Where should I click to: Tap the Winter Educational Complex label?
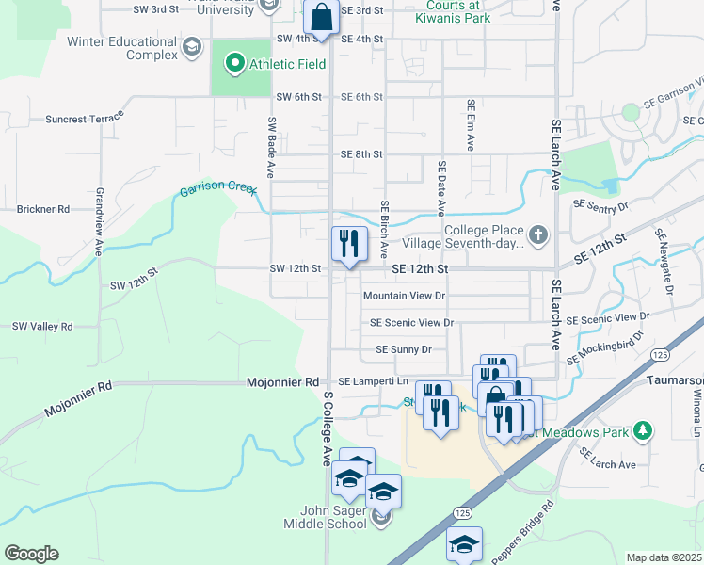pyautogui.click(x=122, y=48)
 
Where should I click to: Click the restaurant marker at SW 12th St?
pyautogui.click(x=349, y=244)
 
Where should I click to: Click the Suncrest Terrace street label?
pyautogui.click(x=85, y=120)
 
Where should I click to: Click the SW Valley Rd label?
pyautogui.click(x=42, y=327)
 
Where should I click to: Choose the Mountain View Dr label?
pyautogui.click(x=404, y=296)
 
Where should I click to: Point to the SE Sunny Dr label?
pyautogui.click(x=403, y=349)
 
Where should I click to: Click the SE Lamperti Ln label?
pyautogui.click(x=374, y=381)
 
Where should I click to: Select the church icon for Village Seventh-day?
pyautogui.click(x=537, y=234)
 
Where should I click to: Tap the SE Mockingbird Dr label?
pyautogui.click(x=604, y=347)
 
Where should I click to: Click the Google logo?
pyautogui.click(x=31, y=554)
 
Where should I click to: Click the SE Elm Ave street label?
pyautogui.click(x=469, y=125)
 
